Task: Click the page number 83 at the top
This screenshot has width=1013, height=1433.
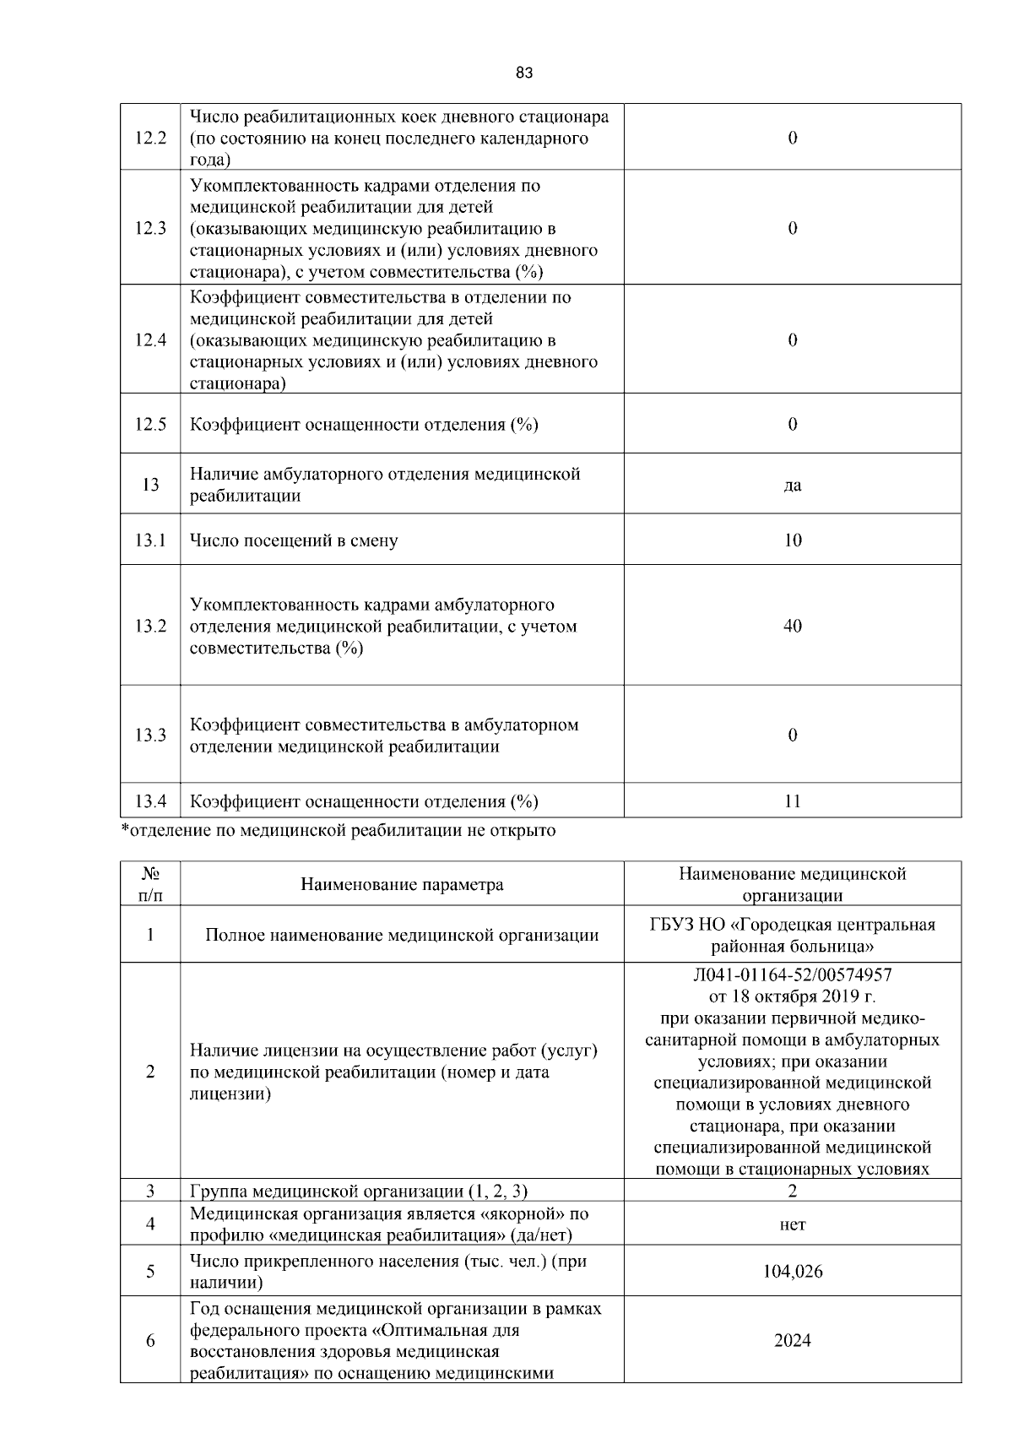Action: pyautogui.click(x=523, y=73)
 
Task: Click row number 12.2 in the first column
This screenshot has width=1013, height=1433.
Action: pyautogui.click(x=150, y=138)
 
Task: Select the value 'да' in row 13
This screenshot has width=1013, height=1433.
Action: pyautogui.click(x=792, y=486)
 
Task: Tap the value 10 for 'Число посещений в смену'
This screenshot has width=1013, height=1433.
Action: pyautogui.click(x=792, y=540)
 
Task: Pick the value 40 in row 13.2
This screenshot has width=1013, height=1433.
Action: pyautogui.click(x=792, y=627)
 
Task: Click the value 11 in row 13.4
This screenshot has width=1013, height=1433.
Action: pyautogui.click(x=792, y=801)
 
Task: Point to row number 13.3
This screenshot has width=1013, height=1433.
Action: pyautogui.click(x=150, y=735)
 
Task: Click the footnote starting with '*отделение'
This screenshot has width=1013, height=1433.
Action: pyautogui.click(x=339, y=831)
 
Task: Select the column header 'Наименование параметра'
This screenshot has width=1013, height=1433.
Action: pyautogui.click(x=402, y=885)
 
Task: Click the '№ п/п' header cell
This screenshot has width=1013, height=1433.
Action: pyautogui.click(x=150, y=884)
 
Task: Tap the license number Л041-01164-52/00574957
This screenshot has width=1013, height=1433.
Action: pyautogui.click(x=792, y=975)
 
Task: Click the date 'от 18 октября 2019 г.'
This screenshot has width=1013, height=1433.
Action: pyautogui.click(x=792, y=996)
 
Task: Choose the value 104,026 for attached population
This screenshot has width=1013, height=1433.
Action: pyautogui.click(x=792, y=1272)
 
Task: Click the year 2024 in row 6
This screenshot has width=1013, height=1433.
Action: pyautogui.click(x=792, y=1341)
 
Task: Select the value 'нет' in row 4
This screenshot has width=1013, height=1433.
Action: pyautogui.click(x=792, y=1224)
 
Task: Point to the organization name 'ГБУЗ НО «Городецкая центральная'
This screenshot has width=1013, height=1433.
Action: pyautogui.click(x=792, y=925)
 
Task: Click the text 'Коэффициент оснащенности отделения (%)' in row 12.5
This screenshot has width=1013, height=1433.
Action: pyautogui.click(x=364, y=425)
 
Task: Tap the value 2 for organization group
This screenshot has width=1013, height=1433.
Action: pyautogui.click(x=792, y=1191)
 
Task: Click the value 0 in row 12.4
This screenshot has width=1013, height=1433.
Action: pyautogui.click(x=792, y=340)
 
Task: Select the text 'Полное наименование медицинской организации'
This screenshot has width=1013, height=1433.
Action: pyautogui.click(x=402, y=936)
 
